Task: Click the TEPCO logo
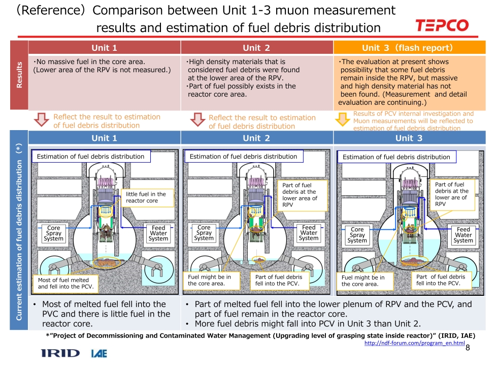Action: [442, 25]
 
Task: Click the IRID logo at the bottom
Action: [60, 353]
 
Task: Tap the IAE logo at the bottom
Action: [98, 353]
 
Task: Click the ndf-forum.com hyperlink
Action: [415, 344]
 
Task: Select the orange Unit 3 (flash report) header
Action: [407, 48]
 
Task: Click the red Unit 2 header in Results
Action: [256, 48]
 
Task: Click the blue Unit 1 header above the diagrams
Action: [104, 138]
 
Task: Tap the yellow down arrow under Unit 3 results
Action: [344, 119]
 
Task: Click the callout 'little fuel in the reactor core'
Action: [146, 197]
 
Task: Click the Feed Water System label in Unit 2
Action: [309, 233]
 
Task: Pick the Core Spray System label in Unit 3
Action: [357, 235]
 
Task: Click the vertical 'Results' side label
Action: [19, 75]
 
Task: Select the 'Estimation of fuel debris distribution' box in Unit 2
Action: [243, 157]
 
